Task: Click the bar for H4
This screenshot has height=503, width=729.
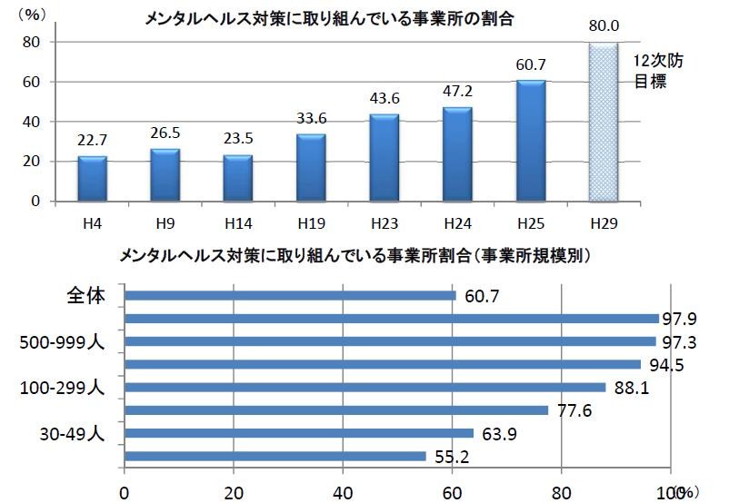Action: click(x=92, y=179)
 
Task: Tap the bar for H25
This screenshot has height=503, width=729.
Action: click(x=531, y=141)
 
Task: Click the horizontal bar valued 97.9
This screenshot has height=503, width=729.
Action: click(x=391, y=318)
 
